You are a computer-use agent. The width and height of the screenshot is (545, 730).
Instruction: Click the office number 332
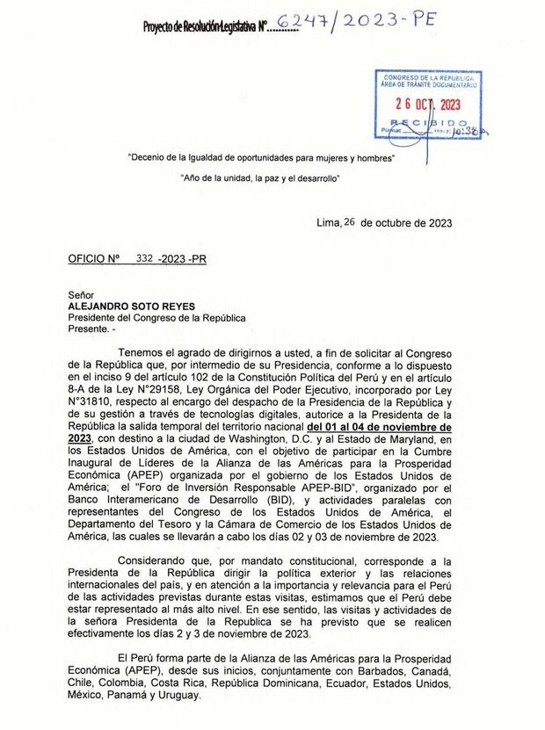click(144, 260)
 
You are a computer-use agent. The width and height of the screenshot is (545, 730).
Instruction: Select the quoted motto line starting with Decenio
click(261, 158)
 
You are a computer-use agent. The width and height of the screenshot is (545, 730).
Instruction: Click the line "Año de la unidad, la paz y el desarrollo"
click(260, 178)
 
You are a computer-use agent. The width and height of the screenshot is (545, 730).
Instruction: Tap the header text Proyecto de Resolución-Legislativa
click(199, 28)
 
